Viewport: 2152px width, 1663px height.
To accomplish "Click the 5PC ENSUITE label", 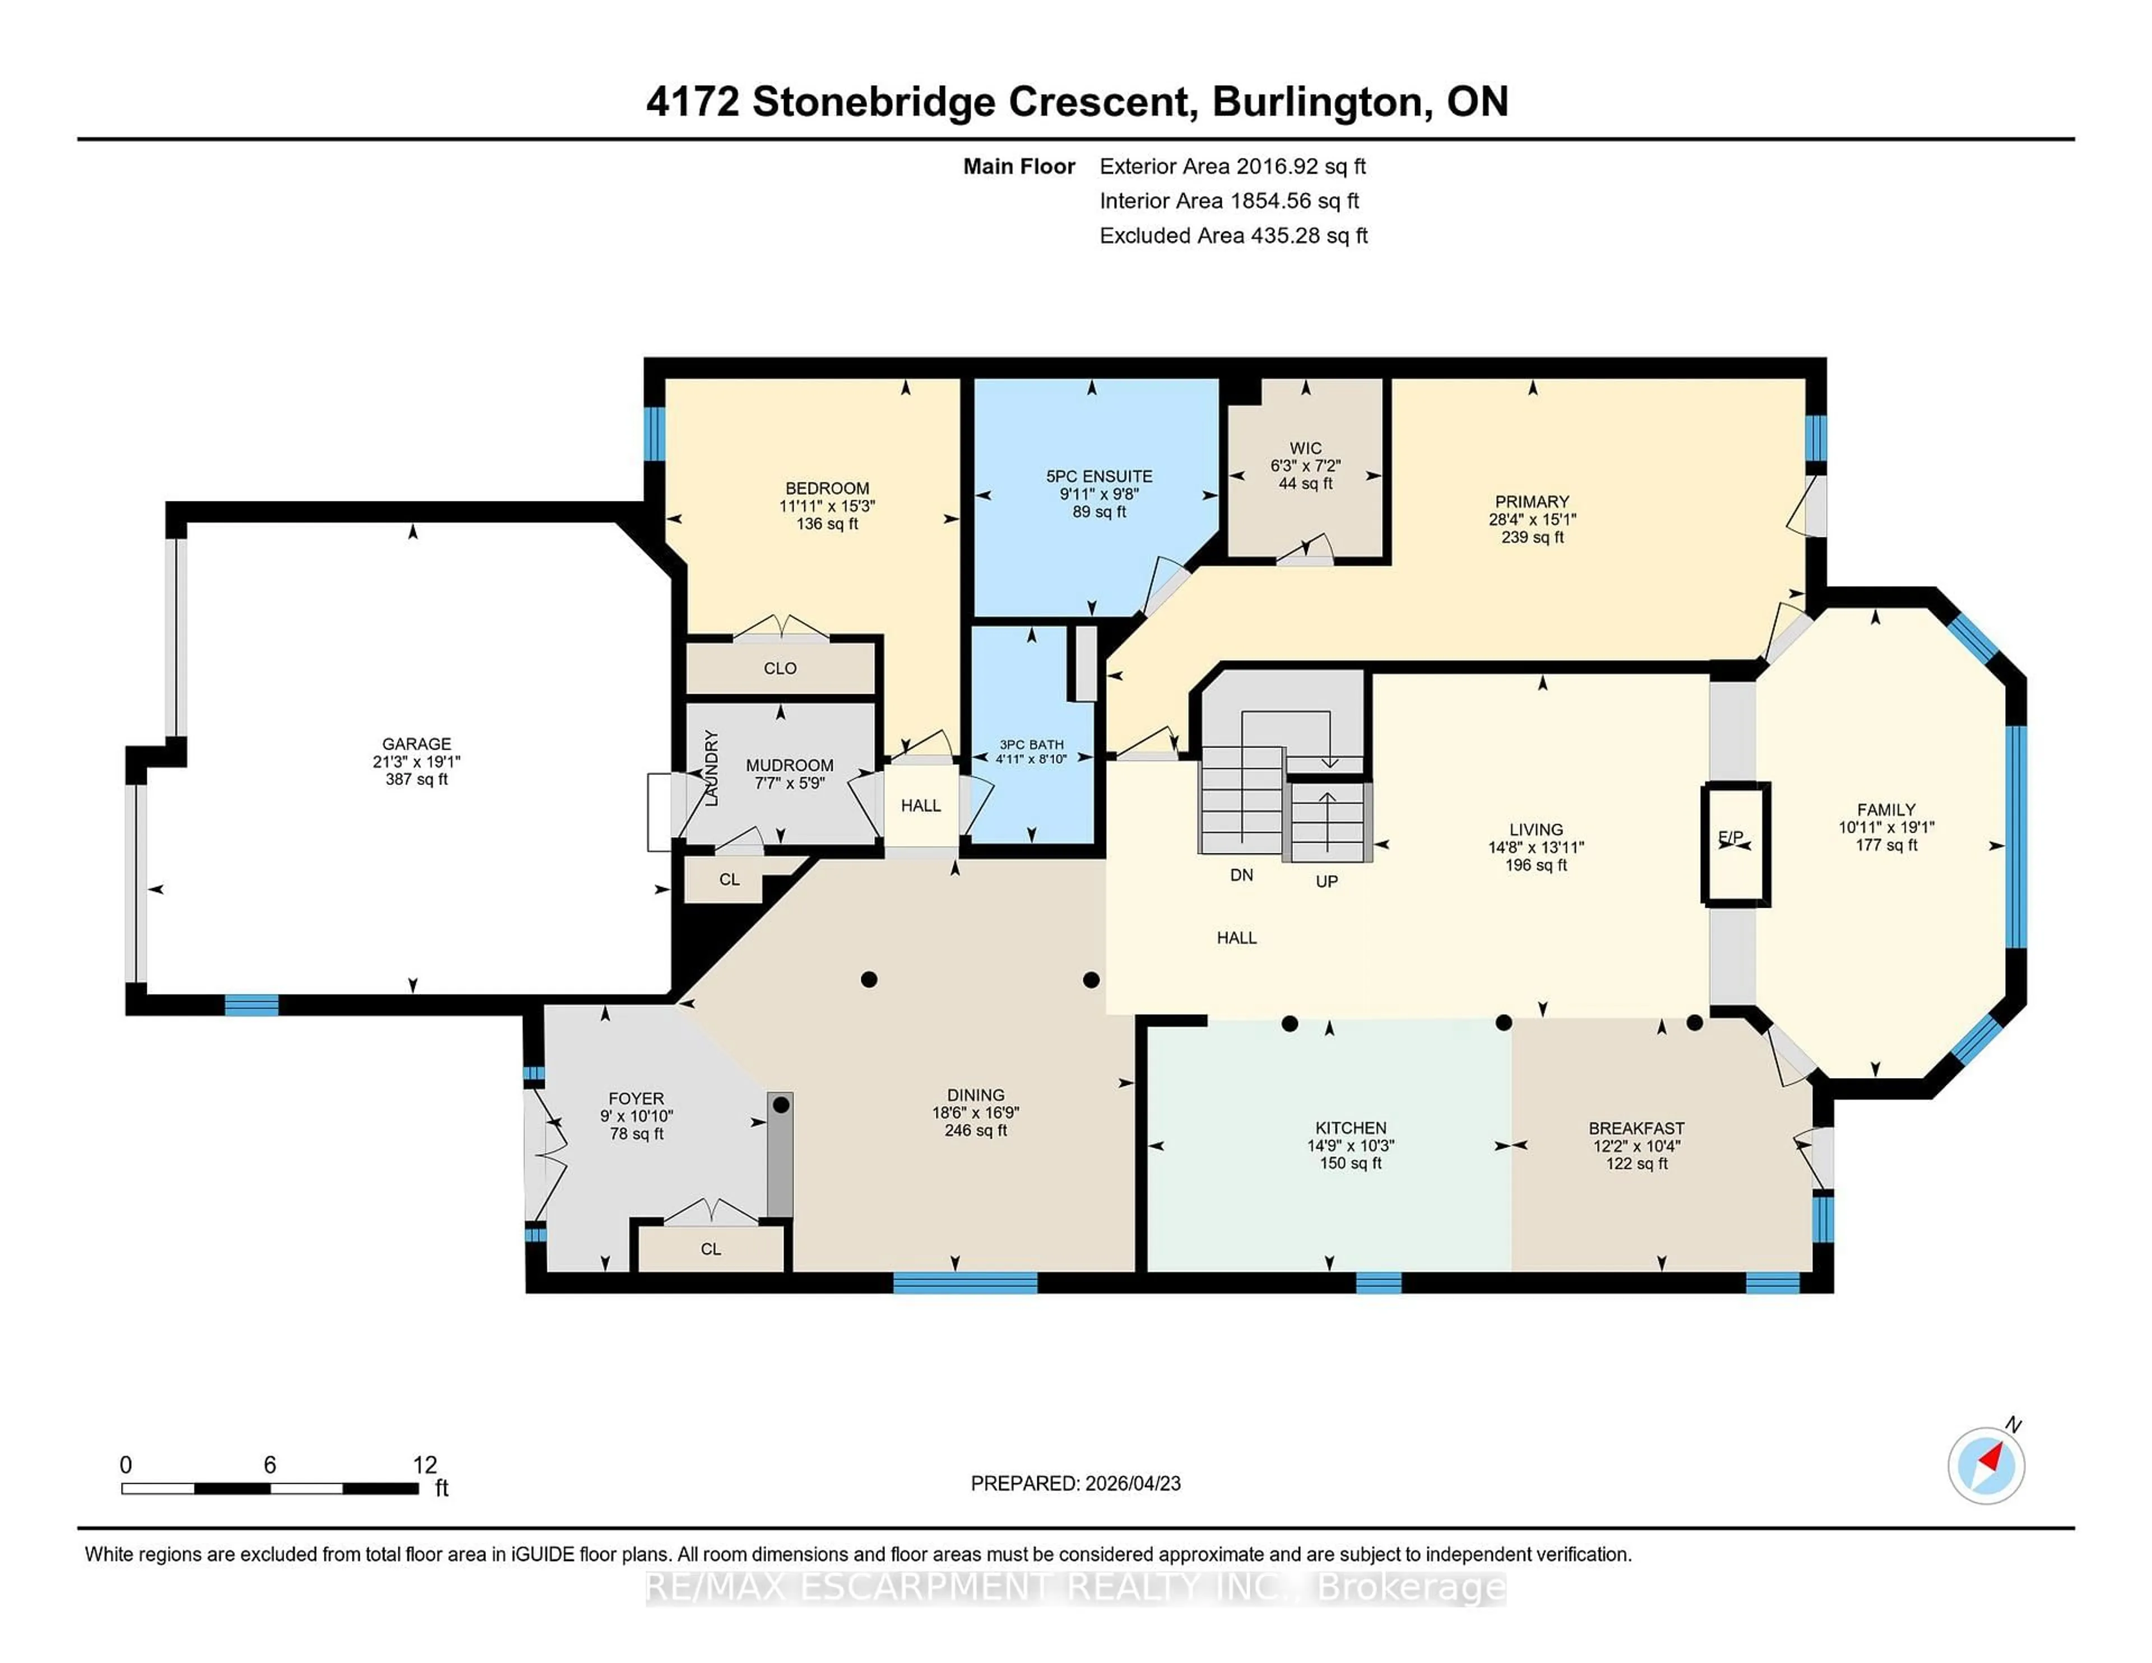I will click(x=1098, y=476).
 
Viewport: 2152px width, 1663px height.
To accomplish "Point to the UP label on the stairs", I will click(x=1327, y=881).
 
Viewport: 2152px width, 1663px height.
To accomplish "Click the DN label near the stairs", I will click(x=1241, y=875).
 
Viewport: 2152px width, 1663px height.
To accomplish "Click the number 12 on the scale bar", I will click(x=425, y=1465).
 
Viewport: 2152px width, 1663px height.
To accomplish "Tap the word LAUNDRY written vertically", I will click(x=711, y=768).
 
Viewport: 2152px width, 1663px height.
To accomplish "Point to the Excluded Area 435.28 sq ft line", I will click(x=1233, y=235).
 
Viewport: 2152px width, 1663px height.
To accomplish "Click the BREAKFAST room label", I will click(x=1636, y=1128).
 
